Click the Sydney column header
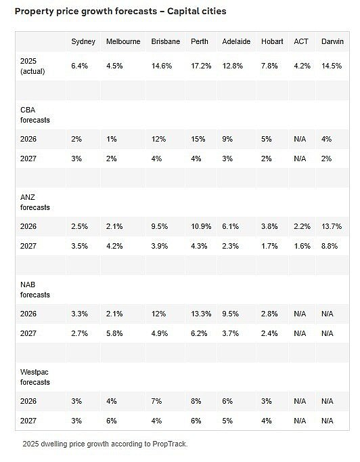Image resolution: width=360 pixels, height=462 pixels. (x=83, y=41)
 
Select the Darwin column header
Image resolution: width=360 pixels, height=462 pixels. (x=332, y=41)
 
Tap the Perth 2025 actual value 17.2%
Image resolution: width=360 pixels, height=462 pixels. (x=201, y=66)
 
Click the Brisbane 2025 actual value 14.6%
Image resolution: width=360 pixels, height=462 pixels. (x=162, y=66)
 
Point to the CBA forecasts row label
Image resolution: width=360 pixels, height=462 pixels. (x=35, y=115)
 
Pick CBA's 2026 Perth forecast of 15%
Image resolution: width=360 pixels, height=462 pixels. (x=198, y=139)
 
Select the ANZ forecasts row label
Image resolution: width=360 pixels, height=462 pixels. (x=35, y=203)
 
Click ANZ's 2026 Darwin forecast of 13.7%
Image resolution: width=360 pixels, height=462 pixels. (x=332, y=226)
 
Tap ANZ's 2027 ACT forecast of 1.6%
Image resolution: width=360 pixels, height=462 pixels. (x=302, y=246)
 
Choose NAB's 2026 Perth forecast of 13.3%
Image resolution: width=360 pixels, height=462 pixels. (x=201, y=314)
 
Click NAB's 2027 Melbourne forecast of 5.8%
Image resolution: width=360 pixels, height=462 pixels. (x=114, y=333)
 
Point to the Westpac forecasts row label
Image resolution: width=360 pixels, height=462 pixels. (x=35, y=377)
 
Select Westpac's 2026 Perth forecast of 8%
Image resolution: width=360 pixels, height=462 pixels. (x=196, y=401)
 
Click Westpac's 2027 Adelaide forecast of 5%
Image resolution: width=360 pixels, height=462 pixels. (x=227, y=421)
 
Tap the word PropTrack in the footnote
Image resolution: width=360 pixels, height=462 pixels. (x=170, y=444)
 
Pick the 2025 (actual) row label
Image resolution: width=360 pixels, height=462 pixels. (x=32, y=66)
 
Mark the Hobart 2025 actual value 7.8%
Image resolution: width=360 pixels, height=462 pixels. (x=269, y=66)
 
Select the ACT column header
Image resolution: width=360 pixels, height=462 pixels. (x=301, y=41)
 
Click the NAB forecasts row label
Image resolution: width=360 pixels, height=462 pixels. (x=35, y=290)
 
